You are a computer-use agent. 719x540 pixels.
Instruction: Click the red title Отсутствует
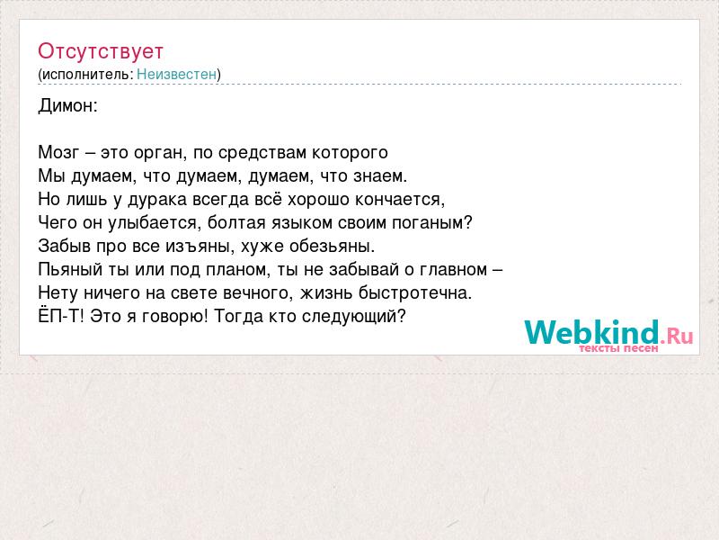click(x=101, y=51)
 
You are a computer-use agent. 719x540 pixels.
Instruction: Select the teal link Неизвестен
click(x=176, y=74)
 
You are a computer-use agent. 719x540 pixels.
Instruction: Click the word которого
click(x=350, y=153)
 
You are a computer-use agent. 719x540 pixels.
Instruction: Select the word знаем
click(x=379, y=175)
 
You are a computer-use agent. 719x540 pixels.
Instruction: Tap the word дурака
click(x=158, y=199)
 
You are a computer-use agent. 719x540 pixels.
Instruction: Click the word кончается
click(x=400, y=200)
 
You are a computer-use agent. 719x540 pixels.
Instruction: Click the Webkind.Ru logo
click(x=608, y=332)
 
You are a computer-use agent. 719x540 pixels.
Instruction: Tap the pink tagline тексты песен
click(x=618, y=348)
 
